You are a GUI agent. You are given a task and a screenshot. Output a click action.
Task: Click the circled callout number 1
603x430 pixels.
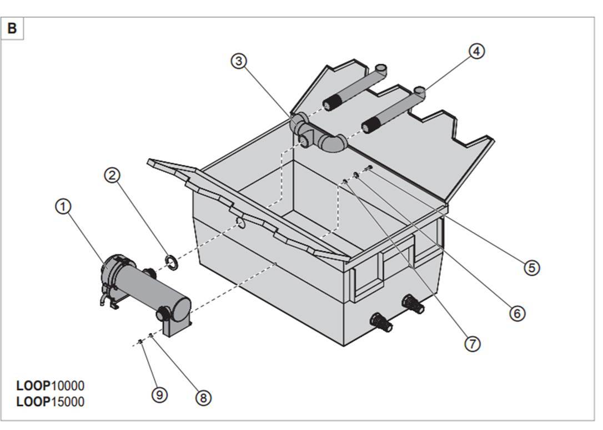coord(63,206)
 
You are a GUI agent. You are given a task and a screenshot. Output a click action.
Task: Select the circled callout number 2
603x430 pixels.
coord(112,175)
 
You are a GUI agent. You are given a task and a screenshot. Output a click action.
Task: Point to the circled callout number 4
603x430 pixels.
coord(476,51)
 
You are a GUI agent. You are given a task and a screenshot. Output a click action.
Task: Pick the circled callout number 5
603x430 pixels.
coord(531,267)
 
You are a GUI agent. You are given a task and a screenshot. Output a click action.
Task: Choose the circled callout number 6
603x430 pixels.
coord(516,313)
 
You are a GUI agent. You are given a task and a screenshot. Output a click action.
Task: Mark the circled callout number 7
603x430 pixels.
coord(471,344)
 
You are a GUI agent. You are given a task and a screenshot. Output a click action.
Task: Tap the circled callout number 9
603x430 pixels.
coord(159,394)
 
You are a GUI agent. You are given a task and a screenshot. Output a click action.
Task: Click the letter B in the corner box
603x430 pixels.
coord(12,28)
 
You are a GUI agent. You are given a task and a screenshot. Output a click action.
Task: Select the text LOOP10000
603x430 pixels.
coord(50,386)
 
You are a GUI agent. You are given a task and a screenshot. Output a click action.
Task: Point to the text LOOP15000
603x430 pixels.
coord(50,402)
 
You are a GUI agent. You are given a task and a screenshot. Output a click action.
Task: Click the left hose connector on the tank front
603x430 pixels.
coord(382,322)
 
